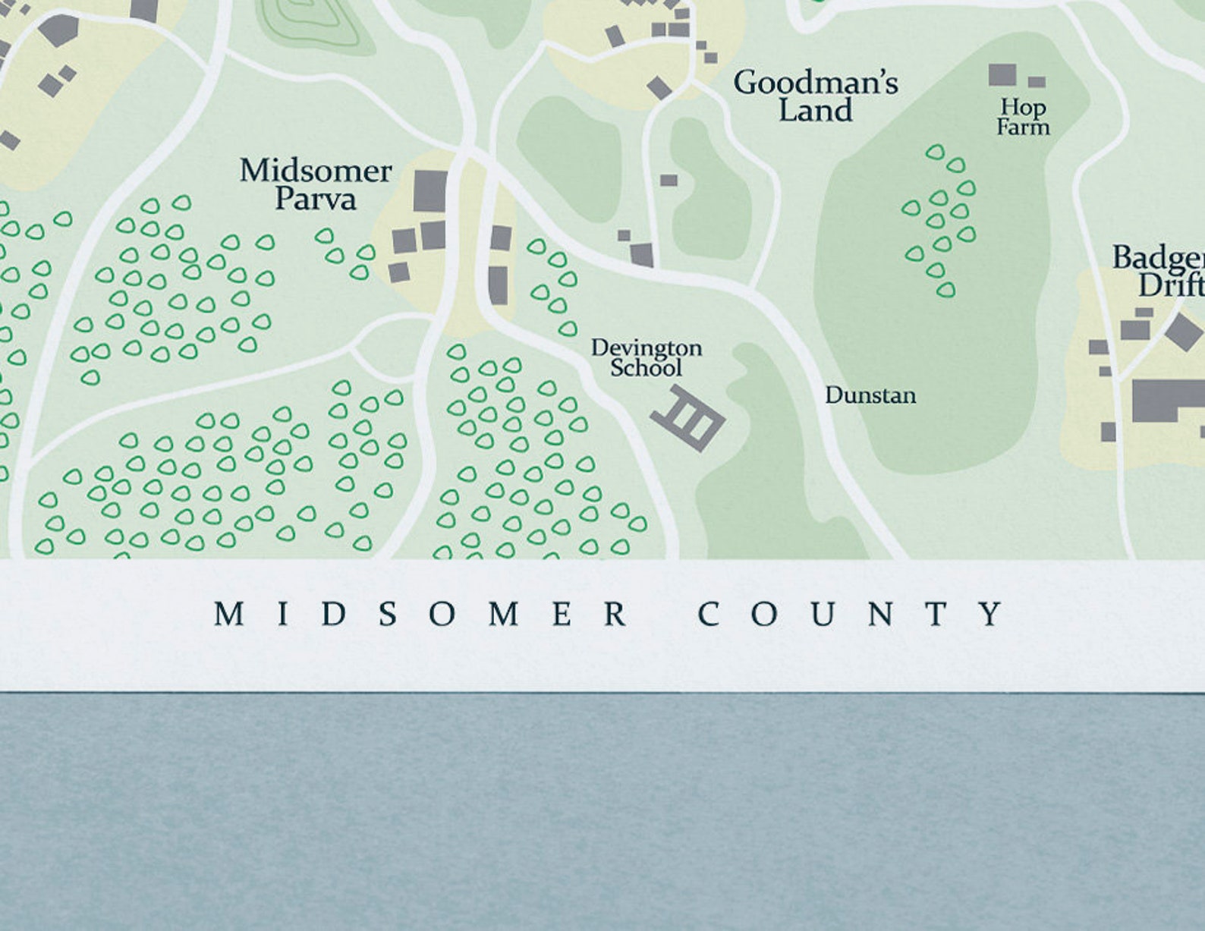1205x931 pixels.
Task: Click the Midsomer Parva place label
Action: [316, 184]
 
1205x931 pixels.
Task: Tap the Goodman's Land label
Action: [816, 96]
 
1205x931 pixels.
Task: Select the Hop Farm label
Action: [1023, 117]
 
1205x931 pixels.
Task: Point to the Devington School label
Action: [647, 358]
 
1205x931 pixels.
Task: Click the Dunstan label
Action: [870, 395]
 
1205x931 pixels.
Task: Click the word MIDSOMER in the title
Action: [420, 614]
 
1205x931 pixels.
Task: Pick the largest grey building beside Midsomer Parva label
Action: [430, 190]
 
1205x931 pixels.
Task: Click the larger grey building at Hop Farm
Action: [1002, 74]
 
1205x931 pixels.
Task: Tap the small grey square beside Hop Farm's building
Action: [1037, 81]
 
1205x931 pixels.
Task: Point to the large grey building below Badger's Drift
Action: [1169, 401]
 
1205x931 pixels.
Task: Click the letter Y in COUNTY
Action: [992, 614]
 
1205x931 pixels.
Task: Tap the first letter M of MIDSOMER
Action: [228, 614]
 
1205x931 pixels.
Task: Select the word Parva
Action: [316, 199]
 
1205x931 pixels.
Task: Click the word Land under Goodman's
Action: [816, 111]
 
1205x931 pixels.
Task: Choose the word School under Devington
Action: [647, 368]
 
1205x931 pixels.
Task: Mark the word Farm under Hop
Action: [1023, 127]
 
